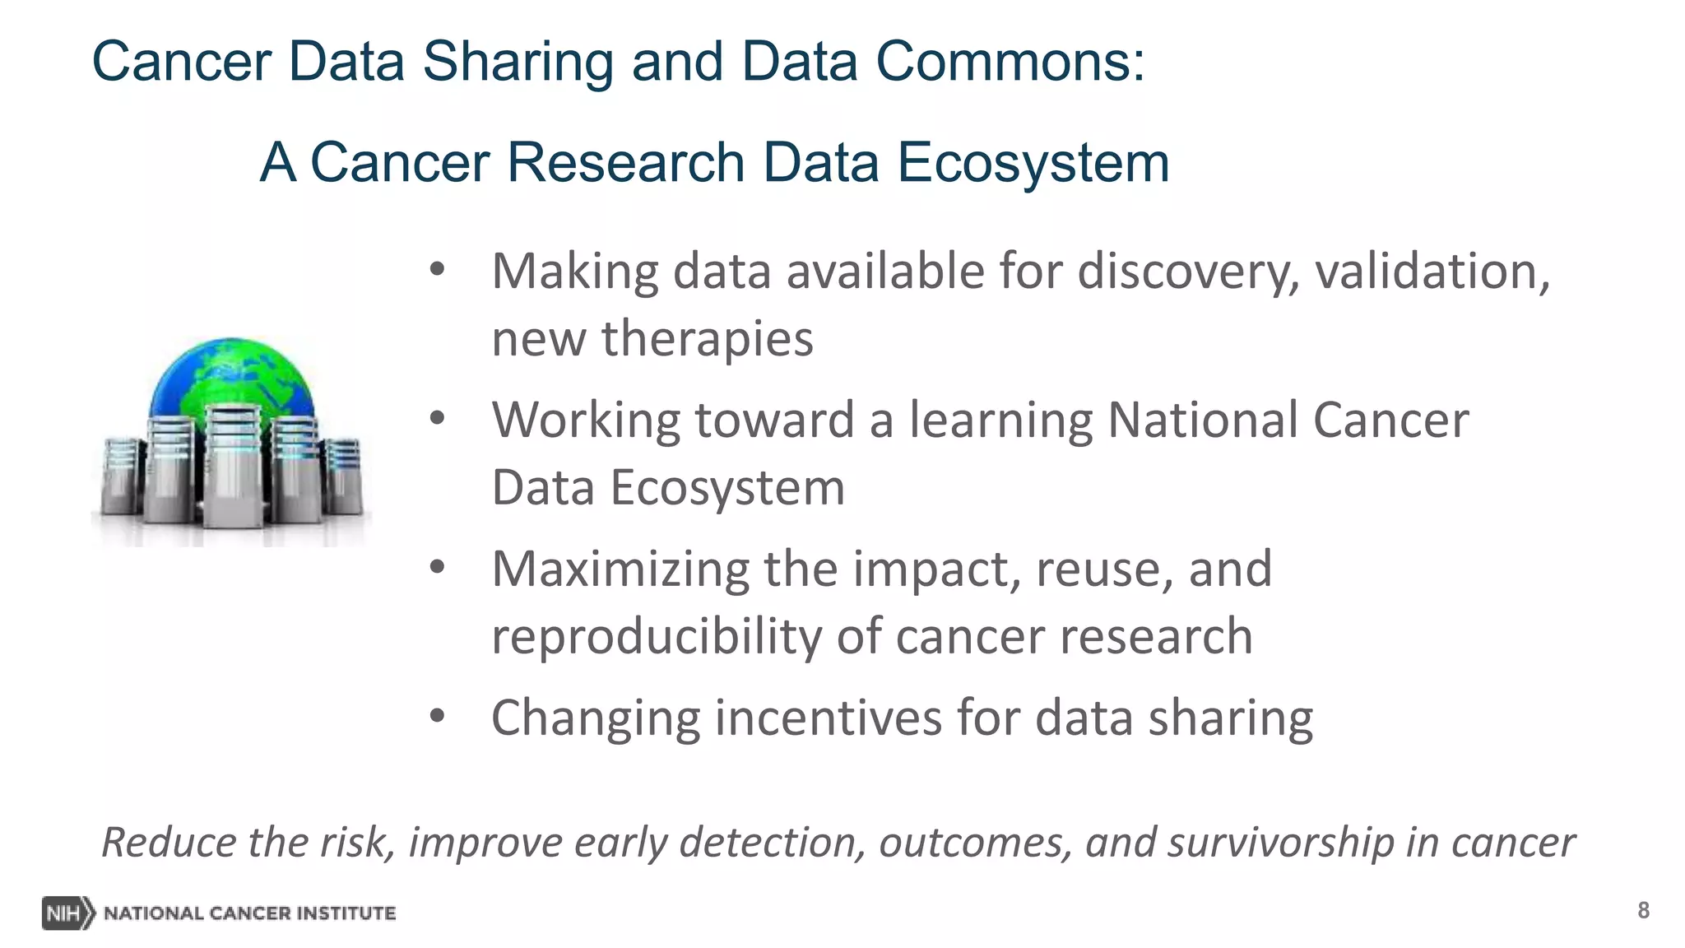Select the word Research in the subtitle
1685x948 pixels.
point(625,162)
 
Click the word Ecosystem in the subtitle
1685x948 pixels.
point(1033,162)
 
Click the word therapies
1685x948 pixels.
point(707,339)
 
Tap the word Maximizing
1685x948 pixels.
point(620,569)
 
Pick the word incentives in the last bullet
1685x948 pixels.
point(827,718)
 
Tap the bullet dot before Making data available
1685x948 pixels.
point(437,270)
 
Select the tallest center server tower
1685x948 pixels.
point(234,465)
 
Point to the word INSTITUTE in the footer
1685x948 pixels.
point(346,913)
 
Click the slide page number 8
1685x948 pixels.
point(1643,910)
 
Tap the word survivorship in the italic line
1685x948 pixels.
point(1279,843)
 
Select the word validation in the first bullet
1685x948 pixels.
point(1432,272)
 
